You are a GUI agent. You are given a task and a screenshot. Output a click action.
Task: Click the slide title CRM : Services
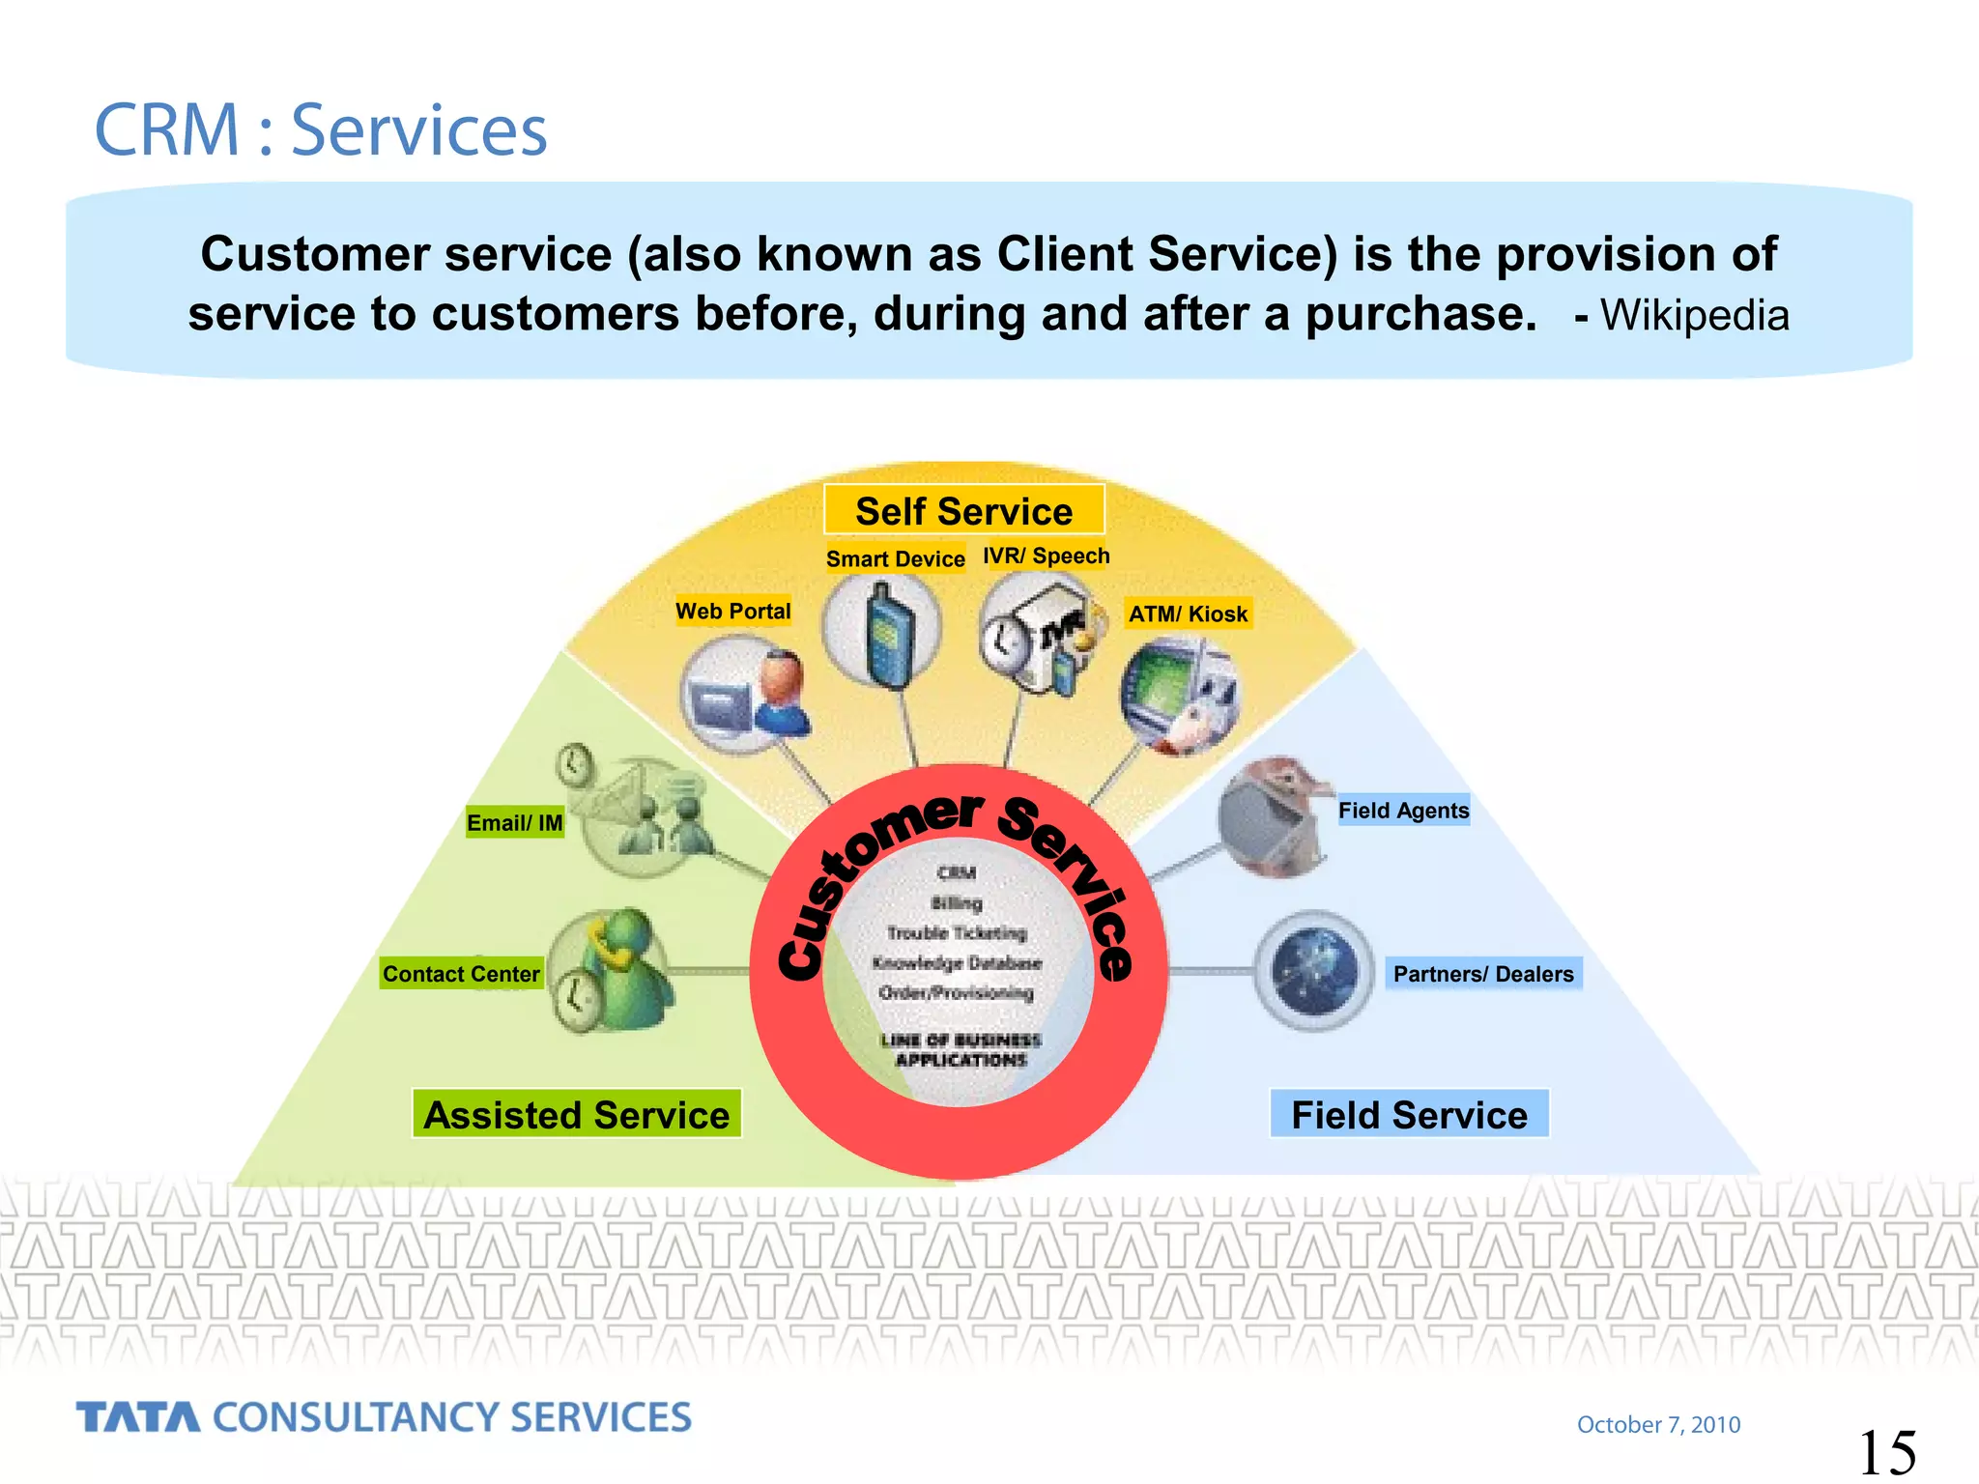point(320,130)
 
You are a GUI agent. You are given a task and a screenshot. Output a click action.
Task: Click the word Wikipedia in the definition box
point(1694,316)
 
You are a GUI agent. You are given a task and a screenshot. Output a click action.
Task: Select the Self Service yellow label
point(963,510)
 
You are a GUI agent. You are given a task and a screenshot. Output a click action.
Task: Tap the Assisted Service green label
point(577,1114)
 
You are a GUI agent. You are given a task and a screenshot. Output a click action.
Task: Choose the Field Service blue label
point(1409,1114)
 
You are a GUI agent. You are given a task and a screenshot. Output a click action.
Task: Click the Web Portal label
point(732,612)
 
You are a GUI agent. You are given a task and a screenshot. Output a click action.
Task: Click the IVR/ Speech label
point(1047,556)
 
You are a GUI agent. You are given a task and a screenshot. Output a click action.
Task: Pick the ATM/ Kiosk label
point(1188,614)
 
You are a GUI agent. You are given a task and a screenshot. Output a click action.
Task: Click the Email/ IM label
point(514,823)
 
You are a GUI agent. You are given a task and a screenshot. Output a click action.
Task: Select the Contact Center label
point(461,974)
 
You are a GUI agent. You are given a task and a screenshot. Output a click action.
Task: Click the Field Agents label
point(1403,811)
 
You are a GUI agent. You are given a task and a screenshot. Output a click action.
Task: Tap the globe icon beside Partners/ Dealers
point(1314,971)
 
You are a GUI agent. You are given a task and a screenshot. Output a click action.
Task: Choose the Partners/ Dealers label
point(1483,974)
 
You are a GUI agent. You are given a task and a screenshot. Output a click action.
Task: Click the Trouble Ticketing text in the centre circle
point(957,932)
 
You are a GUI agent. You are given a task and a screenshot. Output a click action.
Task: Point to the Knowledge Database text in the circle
point(957,962)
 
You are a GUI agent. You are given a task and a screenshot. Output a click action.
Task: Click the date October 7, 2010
point(1658,1424)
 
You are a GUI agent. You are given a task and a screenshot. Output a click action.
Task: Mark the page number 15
point(1886,1452)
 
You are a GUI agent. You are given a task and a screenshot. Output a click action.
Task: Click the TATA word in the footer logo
point(138,1417)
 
